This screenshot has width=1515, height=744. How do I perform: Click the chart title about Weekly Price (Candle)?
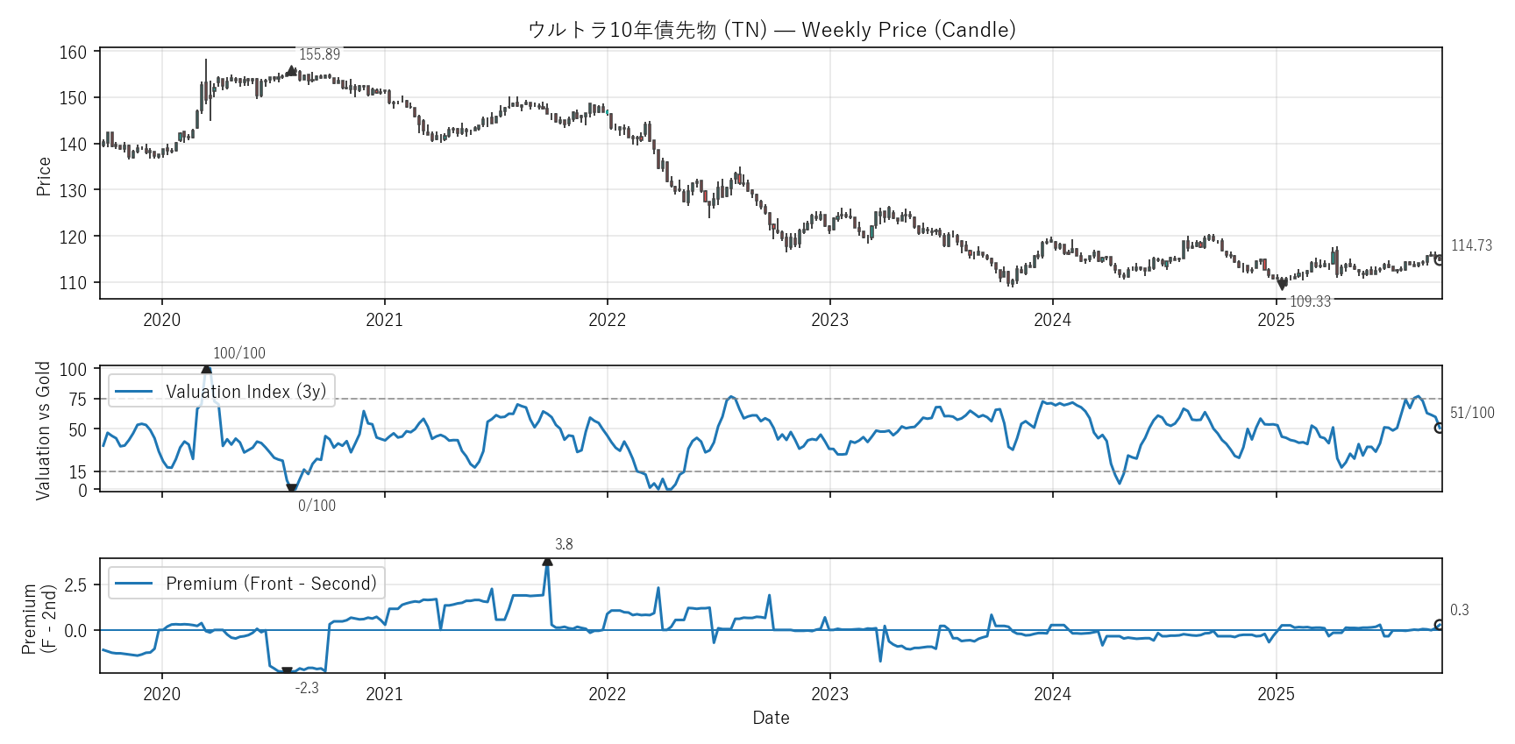click(x=772, y=30)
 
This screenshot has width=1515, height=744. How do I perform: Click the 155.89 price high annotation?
click(x=319, y=54)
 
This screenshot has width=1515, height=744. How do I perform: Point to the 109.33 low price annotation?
click(x=1310, y=301)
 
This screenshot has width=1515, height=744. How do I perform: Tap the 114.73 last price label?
click(x=1471, y=245)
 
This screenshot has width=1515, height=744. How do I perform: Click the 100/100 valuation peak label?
click(x=238, y=353)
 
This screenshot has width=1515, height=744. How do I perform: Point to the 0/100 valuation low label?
click(x=317, y=506)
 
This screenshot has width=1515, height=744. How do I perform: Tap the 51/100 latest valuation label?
click(x=1472, y=413)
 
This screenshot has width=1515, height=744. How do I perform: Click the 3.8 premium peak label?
click(x=564, y=544)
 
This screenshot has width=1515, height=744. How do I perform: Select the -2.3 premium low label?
click(x=307, y=688)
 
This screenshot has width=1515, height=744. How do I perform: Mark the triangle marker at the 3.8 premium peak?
click(x=547, y=561)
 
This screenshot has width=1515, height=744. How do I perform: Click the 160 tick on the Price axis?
click(x=73, y=53)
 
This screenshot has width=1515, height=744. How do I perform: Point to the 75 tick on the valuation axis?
click(x=78, y=400)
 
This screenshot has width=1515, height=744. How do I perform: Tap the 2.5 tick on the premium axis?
click(x=75, y=585)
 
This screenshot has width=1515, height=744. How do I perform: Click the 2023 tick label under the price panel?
click(x=829, y=320)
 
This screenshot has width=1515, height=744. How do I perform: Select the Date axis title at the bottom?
click(x=771, y=718)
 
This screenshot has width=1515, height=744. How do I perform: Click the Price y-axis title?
click(x=44, y=176)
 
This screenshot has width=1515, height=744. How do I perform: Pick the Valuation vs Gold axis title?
click(x=43, y=430)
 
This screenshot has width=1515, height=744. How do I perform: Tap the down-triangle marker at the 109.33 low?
click(x=1282, y=285)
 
